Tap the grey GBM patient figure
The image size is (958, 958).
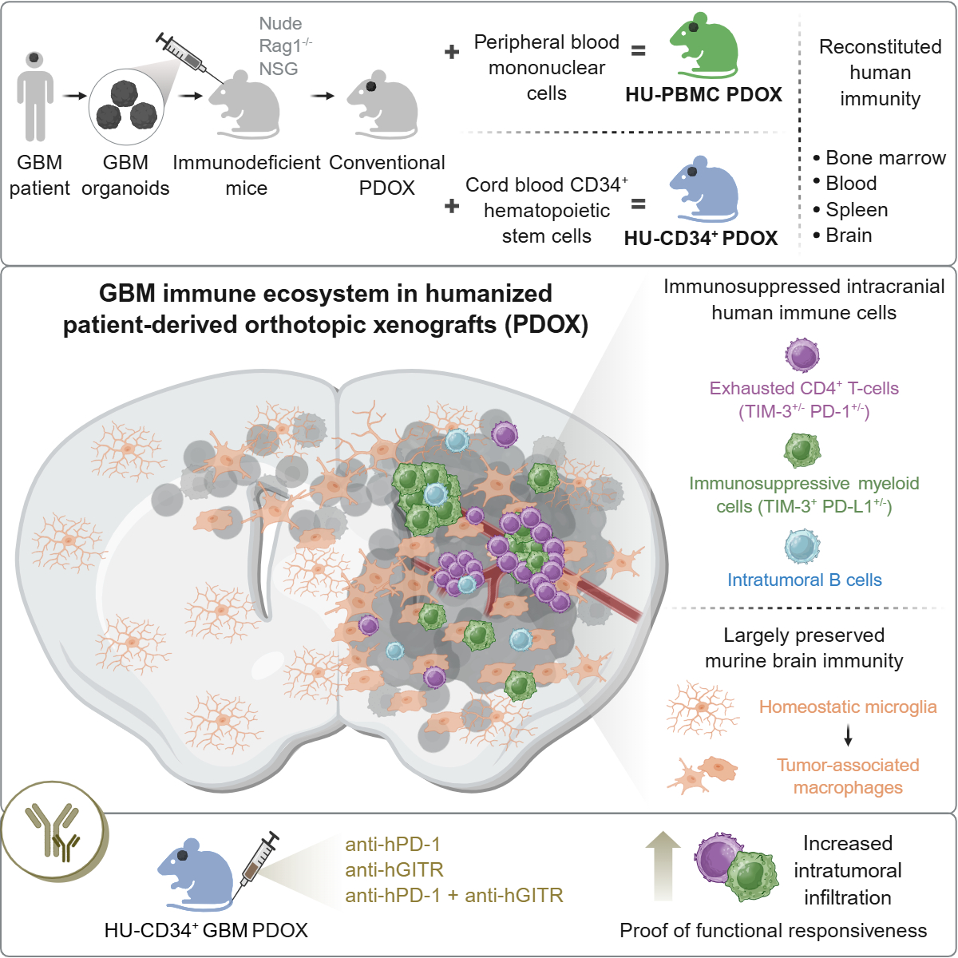[x=35, y=94]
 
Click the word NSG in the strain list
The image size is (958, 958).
[x=279, y=69]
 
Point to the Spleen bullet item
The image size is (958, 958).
[x=857, y=210]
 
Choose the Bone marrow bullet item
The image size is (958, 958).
[x=885, y=158]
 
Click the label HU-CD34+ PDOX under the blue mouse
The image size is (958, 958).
[x=701, y=238]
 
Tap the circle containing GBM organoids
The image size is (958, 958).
[x=126, y=109]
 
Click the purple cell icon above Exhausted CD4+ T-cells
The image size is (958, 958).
[x=802, y=355]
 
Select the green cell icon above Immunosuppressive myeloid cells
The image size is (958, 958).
[x=802, y=450]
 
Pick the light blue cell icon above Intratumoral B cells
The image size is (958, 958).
[x=802, y=547]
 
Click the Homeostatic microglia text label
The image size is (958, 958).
[x=848, y=707]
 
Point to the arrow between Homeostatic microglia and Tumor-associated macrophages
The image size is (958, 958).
[x=848, y=735]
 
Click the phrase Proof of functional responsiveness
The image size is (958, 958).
[x=773, y=931]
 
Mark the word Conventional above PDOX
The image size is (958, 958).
[x=387, y=163]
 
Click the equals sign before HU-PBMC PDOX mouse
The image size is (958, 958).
[x=638, y=51]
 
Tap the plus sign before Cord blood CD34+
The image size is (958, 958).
[x=452, y=206]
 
